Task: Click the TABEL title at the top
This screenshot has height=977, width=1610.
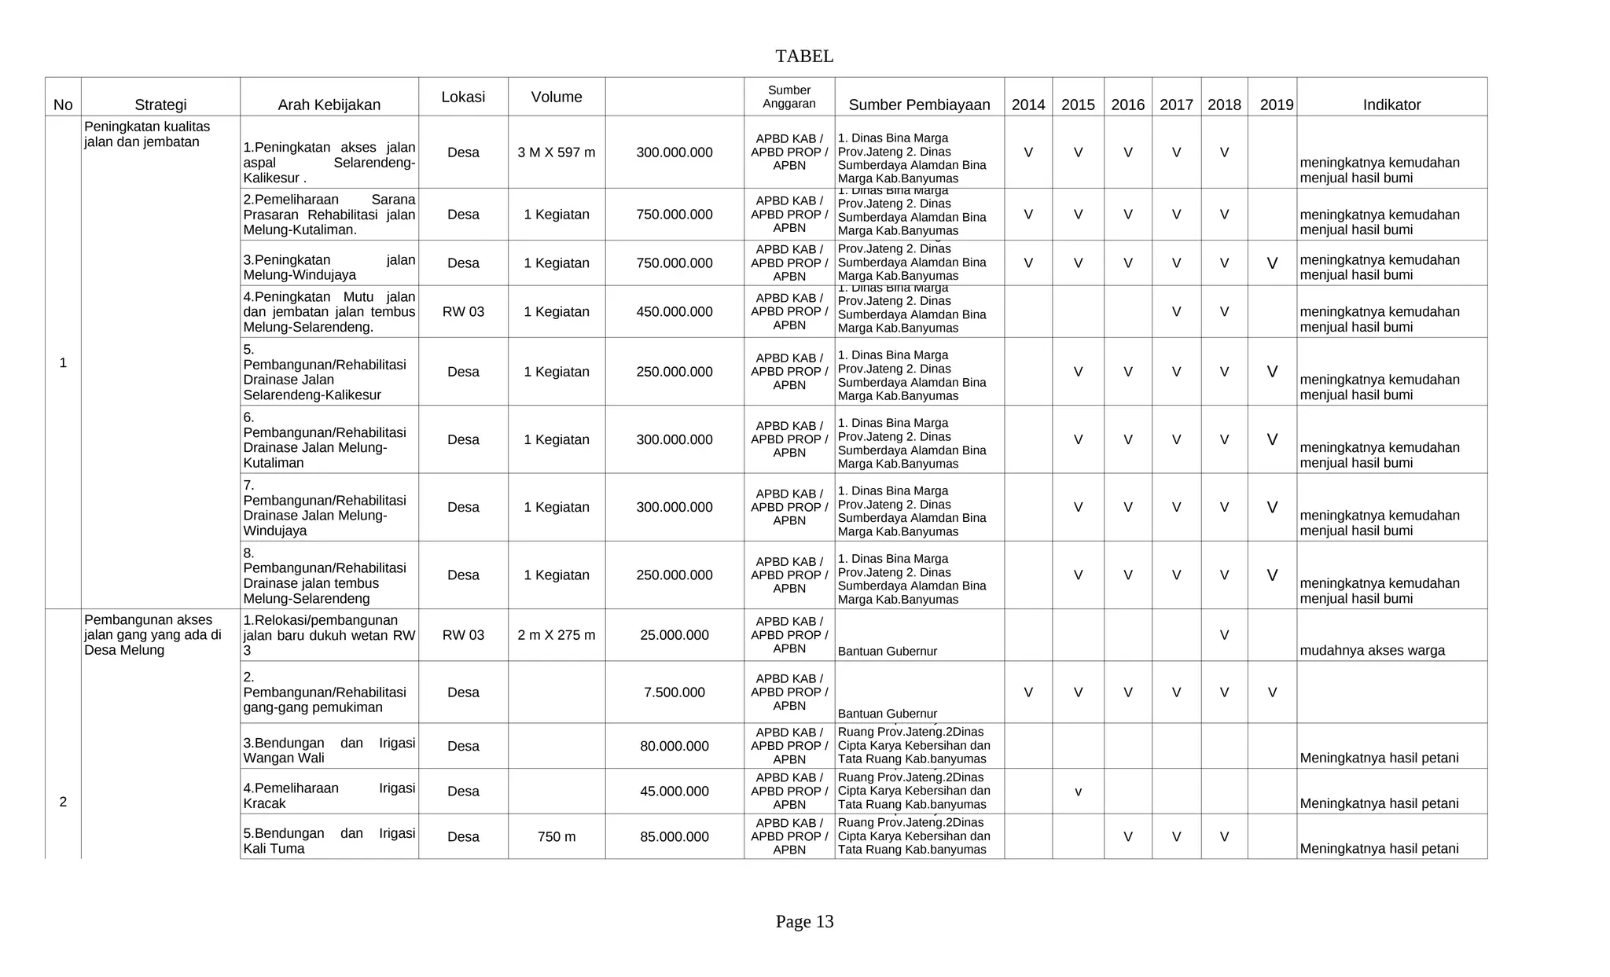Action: [804, 57]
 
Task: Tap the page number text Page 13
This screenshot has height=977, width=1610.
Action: [804, 921]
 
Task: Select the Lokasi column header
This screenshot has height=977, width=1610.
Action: [463, 97]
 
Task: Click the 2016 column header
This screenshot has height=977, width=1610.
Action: [1127, 105]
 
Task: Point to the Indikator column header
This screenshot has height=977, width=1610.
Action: [1391, 105]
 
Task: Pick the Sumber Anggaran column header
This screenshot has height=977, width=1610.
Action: [789, 97]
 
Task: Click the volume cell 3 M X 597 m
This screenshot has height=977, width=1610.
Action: [557, 152]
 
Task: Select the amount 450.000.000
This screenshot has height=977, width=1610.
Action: [675, 312]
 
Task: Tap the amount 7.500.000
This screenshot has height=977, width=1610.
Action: [675, 692]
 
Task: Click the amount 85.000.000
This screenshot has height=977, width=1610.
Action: [675, 837]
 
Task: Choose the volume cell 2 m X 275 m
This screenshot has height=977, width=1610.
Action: [557, 635]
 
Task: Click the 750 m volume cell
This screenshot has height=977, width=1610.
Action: [557, 837]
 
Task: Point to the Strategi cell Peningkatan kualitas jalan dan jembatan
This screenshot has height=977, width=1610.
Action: [147, 134]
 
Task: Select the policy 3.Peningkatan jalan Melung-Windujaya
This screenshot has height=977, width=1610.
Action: [329, 267]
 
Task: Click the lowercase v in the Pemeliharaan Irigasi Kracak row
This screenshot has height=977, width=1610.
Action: [1078, 792]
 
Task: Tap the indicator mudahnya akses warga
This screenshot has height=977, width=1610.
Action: [1372, 651]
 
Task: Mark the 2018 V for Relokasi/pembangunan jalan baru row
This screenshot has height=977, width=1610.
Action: [1224, 635]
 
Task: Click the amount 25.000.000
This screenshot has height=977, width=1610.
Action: [675, 635]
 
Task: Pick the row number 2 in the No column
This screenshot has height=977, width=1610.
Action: [63, 802]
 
